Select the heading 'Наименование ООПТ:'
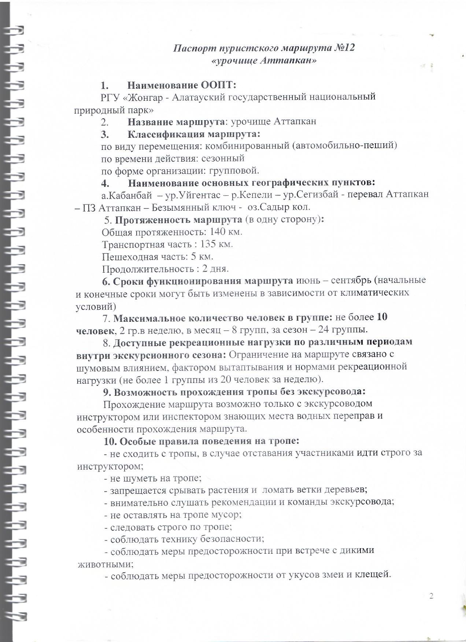click(x=182, y=85)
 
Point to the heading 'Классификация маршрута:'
click(x=194, y=134)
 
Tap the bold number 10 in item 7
click(x=382, y=317)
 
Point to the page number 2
click(x=431, y=596)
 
